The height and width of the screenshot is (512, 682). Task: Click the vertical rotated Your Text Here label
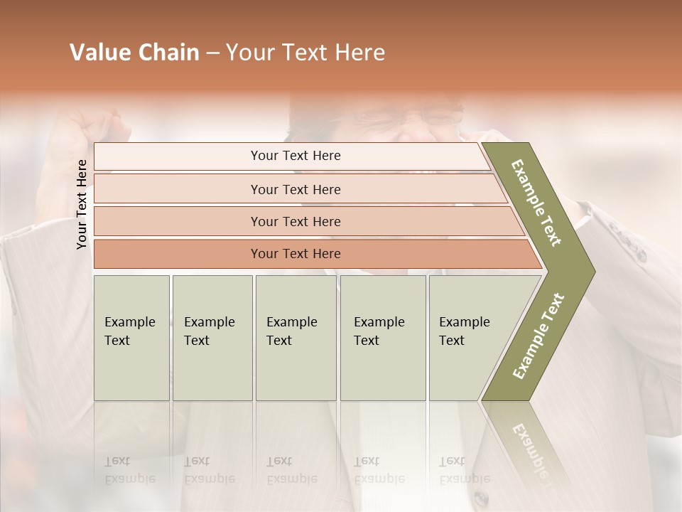(x=82, y=205)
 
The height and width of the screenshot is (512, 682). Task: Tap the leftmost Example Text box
(x=131, y=338)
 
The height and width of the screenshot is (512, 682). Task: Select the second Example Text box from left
(x=212, y=338)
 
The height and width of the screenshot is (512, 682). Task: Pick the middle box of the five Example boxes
(x=296, y=338)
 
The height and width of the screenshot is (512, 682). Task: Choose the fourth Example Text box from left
(x=383, y=338)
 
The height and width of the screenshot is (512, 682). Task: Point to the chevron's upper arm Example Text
(x=537, y=203)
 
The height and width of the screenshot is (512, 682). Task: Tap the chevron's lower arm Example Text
(x=538, y=336)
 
